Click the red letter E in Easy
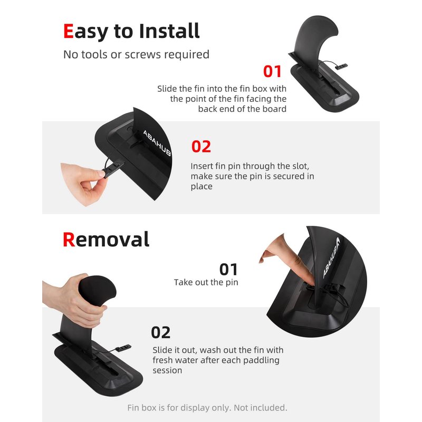pyautogui.click(x=69, y=31)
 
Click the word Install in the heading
pyautogui.click(x=169, y=31)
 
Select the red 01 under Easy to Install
pyautogui.click(x=272, y=71)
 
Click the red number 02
pyautogui.click(x=201, y=147)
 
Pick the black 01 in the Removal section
pyautogui.click(x=228, y=270)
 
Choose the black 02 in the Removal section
pyautogui.click(x=161, y=332)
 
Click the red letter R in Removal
pyautogui.click(x=69, y=239)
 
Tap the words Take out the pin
pyautogui.click(x=206, y=282)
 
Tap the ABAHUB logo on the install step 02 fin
pyautogui.click(x=157, y=143)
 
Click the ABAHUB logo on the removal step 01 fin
pyautogui.click(x=331, y=257)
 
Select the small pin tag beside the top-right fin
pyautogui.click(x=341, y=66)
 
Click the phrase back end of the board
pyautogui.click(x=242, y=109)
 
